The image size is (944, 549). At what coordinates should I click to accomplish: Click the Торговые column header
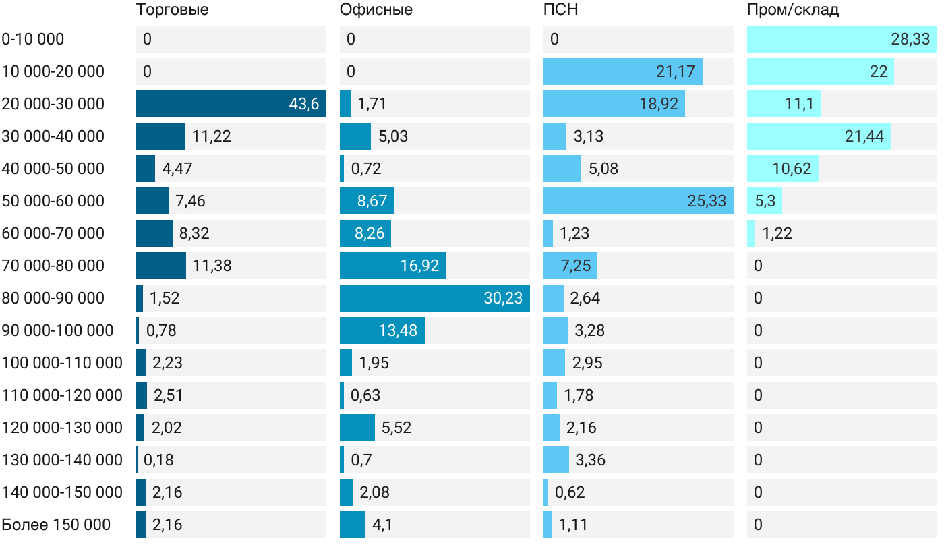coord(172,10)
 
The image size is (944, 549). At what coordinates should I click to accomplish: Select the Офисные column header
coord(376,10)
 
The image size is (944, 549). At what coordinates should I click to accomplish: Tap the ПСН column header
coord(561,10)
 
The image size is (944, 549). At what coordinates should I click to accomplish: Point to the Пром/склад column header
coord(793,10)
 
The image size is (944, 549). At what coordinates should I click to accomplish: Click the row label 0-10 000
coord(33,39)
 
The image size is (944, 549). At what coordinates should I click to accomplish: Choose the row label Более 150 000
coord(56,525)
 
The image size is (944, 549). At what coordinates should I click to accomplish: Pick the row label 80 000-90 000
coord(53,298)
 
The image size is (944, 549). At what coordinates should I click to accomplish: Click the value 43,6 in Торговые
coord(303,104)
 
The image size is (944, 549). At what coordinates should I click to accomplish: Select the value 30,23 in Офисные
coord(503,298)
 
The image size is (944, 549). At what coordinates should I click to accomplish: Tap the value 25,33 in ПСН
coord(707,201)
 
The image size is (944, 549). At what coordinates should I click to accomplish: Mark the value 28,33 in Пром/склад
coord(910,39)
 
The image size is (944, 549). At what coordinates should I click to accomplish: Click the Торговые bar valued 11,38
coord(161,266)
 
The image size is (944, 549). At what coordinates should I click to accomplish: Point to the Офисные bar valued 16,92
coord(393,266)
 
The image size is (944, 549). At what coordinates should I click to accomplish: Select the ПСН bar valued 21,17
coord(623,71)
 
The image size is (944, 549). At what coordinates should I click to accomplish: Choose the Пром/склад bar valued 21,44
coord(819,136)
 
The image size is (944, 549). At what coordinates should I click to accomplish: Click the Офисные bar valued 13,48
coord(382,330)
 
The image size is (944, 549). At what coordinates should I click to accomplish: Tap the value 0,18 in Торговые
coord(158,460)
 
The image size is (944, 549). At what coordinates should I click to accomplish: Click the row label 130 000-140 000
coord(62,460)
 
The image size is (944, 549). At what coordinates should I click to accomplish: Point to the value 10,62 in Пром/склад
coord(792,169)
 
